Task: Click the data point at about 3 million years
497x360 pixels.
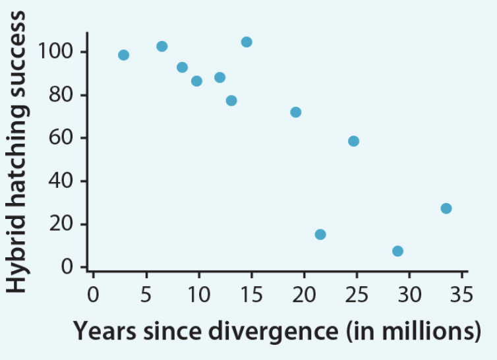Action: (x=123, y=55)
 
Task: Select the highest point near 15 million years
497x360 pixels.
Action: (x=247, y=42)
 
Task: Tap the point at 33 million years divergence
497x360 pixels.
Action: (x=446, y=208)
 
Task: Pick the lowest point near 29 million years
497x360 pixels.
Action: (x=397, y=251)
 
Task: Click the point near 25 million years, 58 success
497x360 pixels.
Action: (x=353, y=141)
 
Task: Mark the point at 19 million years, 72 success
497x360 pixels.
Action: (x=295, y=112)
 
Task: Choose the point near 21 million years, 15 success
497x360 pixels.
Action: (x=320, y=234)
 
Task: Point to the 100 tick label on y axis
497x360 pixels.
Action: (x=56, y=52)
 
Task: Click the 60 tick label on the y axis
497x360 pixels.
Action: (x=63, y=138)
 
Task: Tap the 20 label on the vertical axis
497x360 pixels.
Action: (x=63, y=224)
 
